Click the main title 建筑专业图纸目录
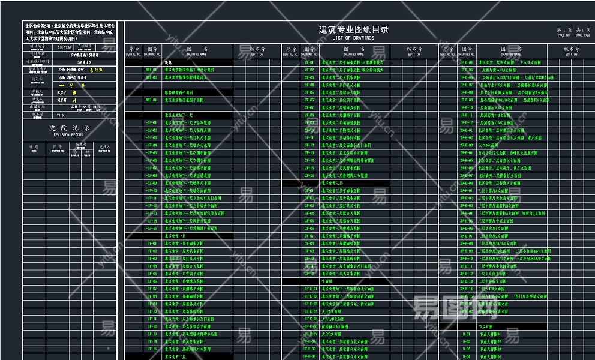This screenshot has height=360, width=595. click(353, 29)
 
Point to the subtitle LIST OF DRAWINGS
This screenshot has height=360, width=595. click(353, 38)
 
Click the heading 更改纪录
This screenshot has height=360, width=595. click(70, 128)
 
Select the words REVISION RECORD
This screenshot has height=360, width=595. click(70, 136)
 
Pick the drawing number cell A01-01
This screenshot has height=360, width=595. click(151, 70)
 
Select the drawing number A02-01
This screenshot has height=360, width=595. click(151, 100)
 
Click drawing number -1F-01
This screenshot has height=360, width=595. click(151, 122)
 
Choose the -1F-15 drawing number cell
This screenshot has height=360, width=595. click(151, 228)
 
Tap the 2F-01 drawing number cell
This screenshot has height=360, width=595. click(309, 62)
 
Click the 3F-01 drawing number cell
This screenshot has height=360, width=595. click(309, 191)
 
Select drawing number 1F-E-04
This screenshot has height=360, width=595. click(467, 62)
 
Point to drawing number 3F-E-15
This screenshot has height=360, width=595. click(467, 296)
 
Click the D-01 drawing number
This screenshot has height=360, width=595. click(467, 334)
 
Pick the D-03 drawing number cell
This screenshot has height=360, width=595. click(467, 349)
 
